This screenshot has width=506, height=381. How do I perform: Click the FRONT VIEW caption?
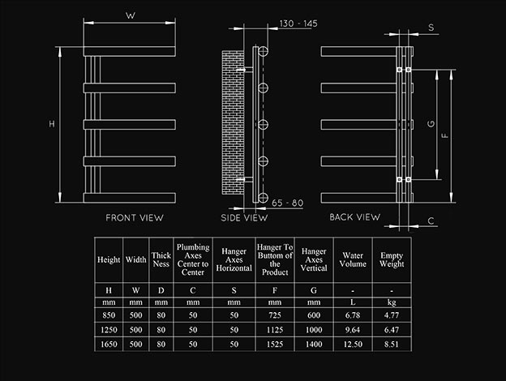[x=135, y=218]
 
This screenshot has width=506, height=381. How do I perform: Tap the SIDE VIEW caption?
[x=244, y=218]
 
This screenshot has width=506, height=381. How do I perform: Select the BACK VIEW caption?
[x=355, y=217]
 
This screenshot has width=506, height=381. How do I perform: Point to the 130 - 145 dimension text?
[x=298, y=24]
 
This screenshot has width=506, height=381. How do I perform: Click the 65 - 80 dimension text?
[x=288, y=203]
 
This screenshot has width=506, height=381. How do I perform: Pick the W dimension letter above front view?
[x=131, y=15]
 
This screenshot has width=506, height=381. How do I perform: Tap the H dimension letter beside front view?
[x=52, y=123]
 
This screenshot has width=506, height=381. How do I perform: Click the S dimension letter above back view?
[x=431, y=28]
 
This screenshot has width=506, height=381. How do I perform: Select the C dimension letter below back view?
[x=431, y=221]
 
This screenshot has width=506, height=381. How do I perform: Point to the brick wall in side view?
[x=233, y=122]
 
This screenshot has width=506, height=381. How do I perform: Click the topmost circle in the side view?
[x=263, y=51]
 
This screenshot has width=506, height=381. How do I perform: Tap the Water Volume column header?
[x=353, y=259]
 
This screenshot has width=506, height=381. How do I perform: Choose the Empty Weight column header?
[x=392, y=259]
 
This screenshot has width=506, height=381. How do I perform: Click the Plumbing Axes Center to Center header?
[x=193, y=259]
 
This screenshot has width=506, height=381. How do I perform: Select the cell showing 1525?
[x=275, y=345]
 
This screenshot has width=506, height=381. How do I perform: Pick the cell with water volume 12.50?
[x=353, y=345]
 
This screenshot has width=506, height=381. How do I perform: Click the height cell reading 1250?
[x=109, y=330]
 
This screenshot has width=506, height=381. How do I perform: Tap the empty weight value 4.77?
[x=392, y=315]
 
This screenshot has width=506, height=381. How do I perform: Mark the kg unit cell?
[x=392, y=302]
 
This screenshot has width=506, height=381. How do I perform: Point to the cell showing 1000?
[x=314, y=330]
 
